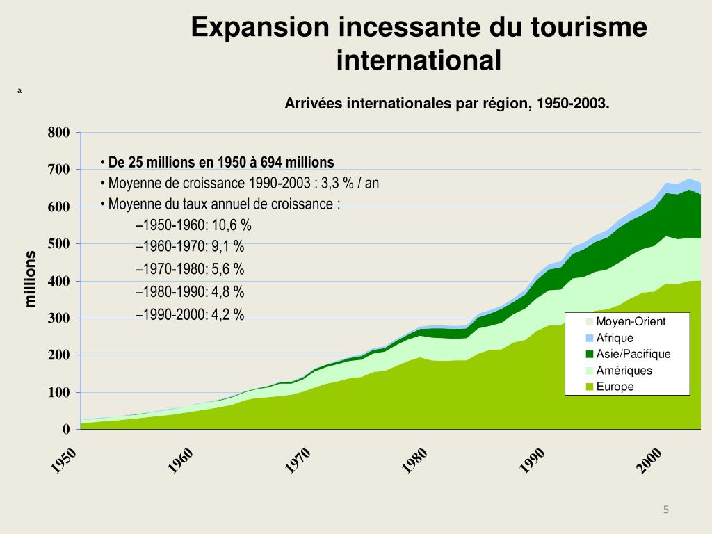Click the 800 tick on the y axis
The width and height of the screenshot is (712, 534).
[58, 133]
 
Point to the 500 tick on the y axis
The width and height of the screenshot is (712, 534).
[58, 244]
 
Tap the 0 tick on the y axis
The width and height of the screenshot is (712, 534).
[66, 429]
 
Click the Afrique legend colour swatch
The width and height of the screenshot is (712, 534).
[590, 339]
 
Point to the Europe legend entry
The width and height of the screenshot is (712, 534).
[615, 387]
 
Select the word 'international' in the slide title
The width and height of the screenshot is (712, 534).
[419, 60]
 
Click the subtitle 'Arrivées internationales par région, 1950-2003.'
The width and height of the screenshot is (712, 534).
[447, 104]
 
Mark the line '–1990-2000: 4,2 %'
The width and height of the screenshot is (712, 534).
[190, 315]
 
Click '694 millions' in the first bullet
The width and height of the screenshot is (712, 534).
[297, 163]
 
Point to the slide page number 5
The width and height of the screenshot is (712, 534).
[665, 510]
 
